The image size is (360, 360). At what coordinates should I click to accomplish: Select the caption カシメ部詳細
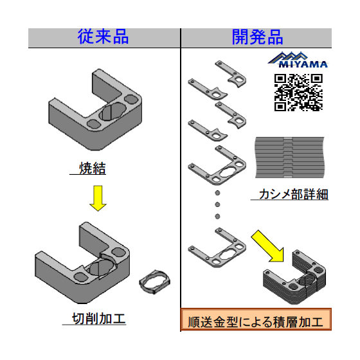click(293, 194)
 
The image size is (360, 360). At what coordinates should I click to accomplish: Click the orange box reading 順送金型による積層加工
click(256, 319)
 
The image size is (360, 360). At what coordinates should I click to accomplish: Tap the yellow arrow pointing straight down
click(98, 198)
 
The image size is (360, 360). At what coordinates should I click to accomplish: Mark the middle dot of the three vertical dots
click(217, 204)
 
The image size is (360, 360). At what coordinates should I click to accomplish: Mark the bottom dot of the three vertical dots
click(217, 216)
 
